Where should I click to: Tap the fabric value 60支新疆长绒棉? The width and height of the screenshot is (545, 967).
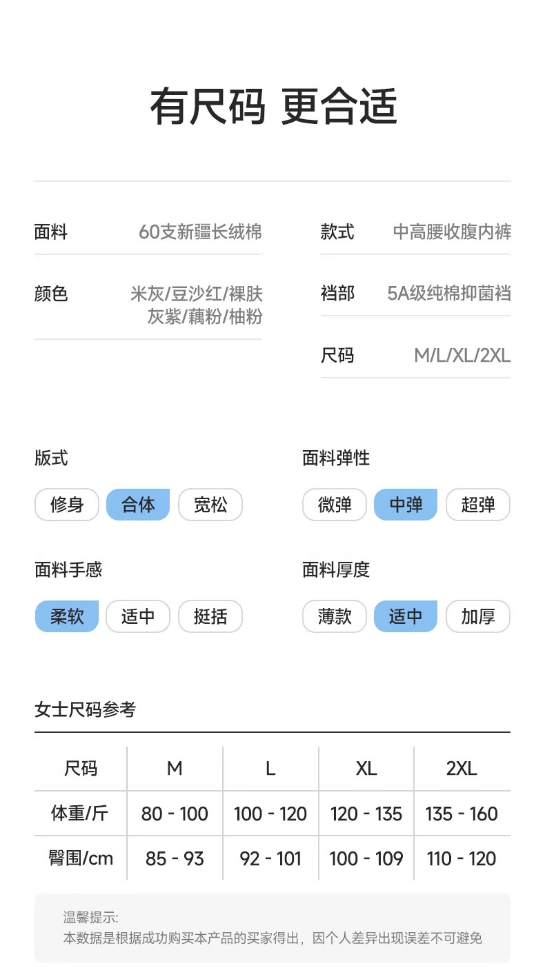(200, 232)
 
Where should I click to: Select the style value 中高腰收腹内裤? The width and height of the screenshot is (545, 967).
(452, 232)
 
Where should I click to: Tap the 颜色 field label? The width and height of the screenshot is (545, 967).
(51, 294)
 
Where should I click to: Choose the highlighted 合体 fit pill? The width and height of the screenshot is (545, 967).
(138, 505)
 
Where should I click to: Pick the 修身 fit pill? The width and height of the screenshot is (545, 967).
(67, 505)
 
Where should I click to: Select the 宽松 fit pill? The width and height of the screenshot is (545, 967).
(210, 505)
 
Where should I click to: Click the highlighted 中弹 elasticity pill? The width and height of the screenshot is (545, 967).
(405, 505)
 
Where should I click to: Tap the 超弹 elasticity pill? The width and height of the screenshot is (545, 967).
(478, 505)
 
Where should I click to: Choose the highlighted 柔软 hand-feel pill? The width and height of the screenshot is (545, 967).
(67, 616)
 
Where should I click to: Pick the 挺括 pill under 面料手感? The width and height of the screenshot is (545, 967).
(210, 616)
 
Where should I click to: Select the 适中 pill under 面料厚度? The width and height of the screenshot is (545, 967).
(405, 616)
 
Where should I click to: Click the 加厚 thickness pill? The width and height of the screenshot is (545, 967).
(478, 616)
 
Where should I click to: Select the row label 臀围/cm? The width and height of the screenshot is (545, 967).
(81, 858)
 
